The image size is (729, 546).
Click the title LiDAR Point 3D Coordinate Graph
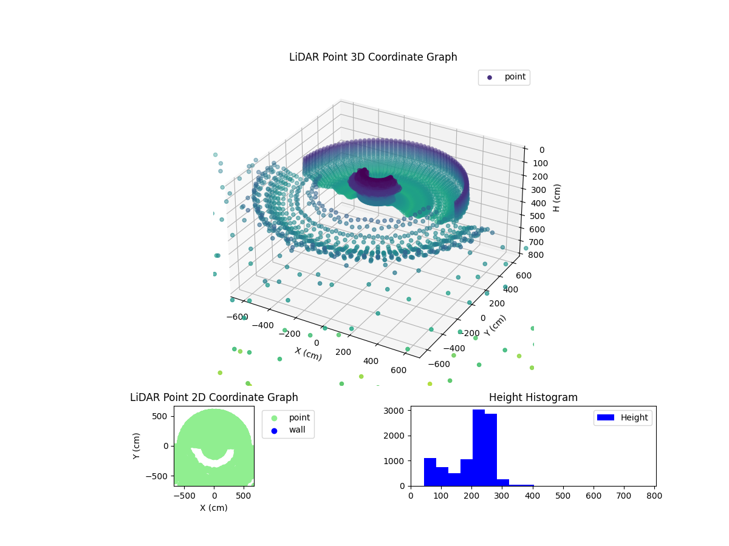tap(373, 57)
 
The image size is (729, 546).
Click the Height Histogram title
tap(533, 397)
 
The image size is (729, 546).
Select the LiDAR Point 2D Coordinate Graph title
tap(214, 397)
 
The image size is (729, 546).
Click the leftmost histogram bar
tap(430, 471)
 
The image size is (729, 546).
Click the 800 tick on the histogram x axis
tap(654, 495)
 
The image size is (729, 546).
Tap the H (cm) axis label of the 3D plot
tap(557, 198)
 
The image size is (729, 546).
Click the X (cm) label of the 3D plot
tap(308, 354)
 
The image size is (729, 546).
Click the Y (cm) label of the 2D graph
tap(137, 445)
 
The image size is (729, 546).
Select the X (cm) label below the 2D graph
tap(214, 508)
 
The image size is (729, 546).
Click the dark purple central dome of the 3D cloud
tap(372, 180)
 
